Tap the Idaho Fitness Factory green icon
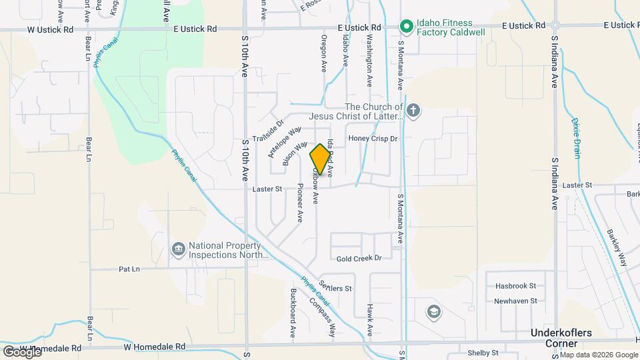click(x=405, y=27)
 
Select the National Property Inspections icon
click(x=179, y=249)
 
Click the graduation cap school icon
click(x=434, y=312)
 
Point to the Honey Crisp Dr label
click(x=373, y=139)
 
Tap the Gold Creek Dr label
click(x=359, y=258)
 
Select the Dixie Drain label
click(x=576, y=138)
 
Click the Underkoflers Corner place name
click(x=562, y=337)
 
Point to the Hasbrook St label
click(x=515, y=285)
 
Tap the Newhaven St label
click(x=515, y=301)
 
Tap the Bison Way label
click(x=295, y=153)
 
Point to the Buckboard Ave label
click(x=293, y=313)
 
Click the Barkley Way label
click(x=617, y=248)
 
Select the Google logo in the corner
click(x=21, y=351)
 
